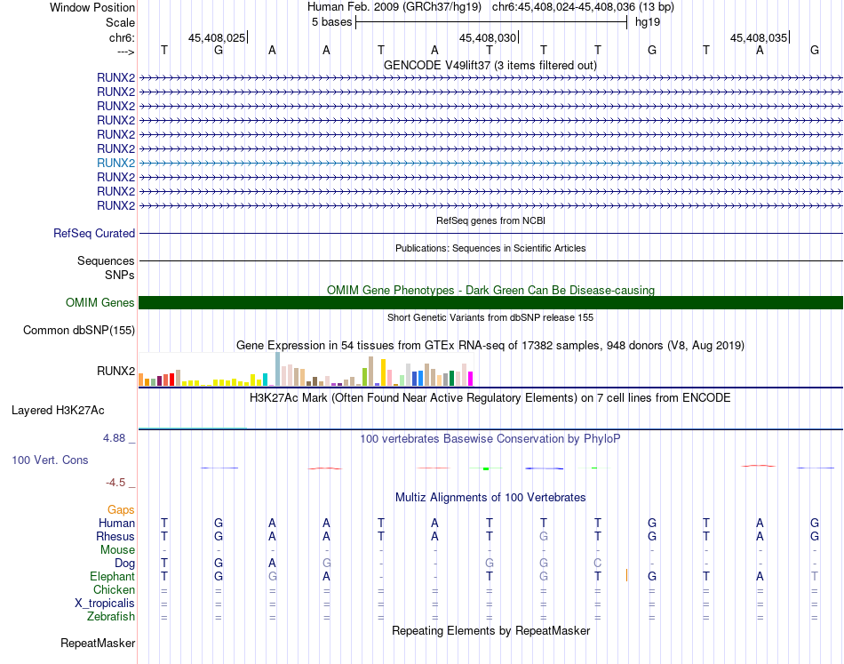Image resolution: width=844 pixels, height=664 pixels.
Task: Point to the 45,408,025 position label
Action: (x=216, y=38)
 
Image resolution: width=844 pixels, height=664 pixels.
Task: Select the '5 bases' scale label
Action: (x=331, y=22)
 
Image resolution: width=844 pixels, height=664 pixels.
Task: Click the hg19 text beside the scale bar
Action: (x=647, y=22)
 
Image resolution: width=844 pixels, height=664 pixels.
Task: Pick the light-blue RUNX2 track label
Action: (x=115, y=163)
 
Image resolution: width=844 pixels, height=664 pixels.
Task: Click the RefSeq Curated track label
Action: (x=94, y=234)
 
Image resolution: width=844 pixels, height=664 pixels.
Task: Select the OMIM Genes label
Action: (x=100, y=303)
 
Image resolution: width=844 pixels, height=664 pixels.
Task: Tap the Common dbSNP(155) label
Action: (x=79, y=331)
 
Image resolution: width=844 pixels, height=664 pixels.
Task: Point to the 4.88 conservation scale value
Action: (x=116, y=438)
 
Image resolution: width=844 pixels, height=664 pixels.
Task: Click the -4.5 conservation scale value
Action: (x=116, y=483)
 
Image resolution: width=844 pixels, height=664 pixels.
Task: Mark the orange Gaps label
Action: (x=121, y=510)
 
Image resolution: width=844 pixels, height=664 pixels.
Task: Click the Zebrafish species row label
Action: (x=110, y=616)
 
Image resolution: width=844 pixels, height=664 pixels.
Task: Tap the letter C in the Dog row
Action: (x=598, y=564)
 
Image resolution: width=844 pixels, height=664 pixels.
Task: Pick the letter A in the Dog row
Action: (x=273, y=564)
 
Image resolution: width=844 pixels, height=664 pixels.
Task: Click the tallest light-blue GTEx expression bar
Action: (x=278, y=369)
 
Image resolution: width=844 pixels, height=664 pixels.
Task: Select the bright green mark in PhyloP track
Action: (x=486, y=468)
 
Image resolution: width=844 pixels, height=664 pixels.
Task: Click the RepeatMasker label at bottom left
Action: (x=98, y=643)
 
